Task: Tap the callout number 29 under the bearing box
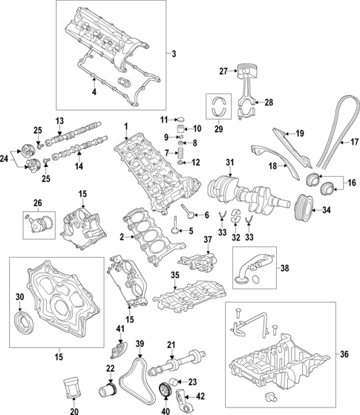click(x=218, y=130)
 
